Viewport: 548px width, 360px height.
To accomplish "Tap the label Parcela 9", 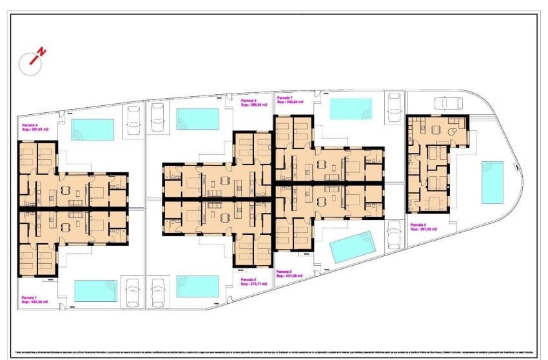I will pyautogui.click(x=30, y=125).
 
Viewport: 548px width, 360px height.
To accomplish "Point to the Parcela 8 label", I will pyautogui.click(x=250, y=101).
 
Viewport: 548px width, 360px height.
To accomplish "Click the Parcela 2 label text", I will pyautogui.click(x=249, y=280).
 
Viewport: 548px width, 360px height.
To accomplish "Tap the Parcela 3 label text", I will pyautogui.click(x=285, y=272).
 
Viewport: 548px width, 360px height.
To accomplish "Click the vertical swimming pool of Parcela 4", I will pyautogui.click(x=493, y=182).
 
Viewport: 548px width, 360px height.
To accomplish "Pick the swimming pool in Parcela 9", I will pyautogui.click(x=92, y=129).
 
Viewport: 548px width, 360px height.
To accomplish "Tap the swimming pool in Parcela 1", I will pyautogui.click(x=95, y=290).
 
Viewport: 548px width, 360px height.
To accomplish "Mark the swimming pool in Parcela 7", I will pyautogui.click(x=351, y=108).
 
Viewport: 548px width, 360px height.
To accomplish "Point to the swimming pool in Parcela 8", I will pyautogui.click(x=197, y=119).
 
